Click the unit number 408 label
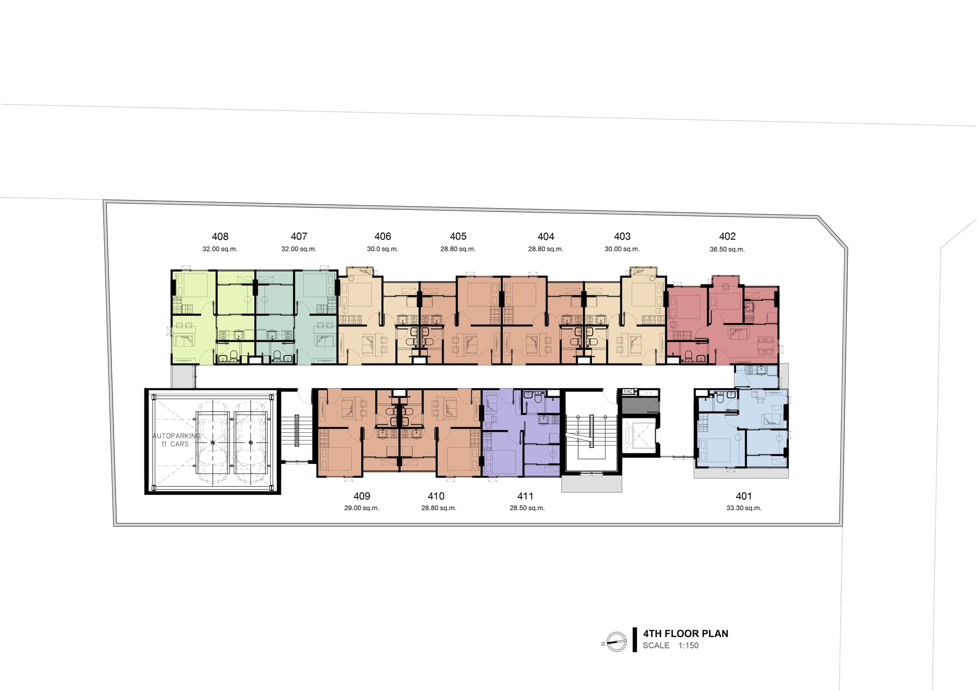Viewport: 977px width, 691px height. click(x=220, y=236)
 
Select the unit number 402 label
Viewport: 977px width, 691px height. click(x=727, y=236)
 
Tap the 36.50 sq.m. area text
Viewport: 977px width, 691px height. click(x=727, y=250)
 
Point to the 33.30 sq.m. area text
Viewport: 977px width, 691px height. click(x=744, y=508)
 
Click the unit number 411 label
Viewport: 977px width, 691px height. click(x=525, y=496)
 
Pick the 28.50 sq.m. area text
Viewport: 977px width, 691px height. click(x=527, y=508)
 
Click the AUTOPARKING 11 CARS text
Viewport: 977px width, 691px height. click(x=176, y=440)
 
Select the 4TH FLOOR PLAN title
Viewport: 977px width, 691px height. click(x=685, y=633)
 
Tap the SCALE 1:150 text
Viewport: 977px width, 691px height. click(x=671, y=646)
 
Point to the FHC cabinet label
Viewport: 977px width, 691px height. click(x=628, y=392)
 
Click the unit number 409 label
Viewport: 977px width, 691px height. click(x=362, y=496)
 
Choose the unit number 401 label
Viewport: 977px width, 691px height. click(x=743, y=496)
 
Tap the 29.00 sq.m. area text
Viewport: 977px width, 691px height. click(x=361, y=508)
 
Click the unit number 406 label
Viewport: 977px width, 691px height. click(x=383, y=236)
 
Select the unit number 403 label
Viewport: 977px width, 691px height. click(x=622, y=236)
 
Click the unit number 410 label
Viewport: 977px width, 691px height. click(x=436, y=496)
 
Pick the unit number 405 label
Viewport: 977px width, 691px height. click(x=458, y=236)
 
